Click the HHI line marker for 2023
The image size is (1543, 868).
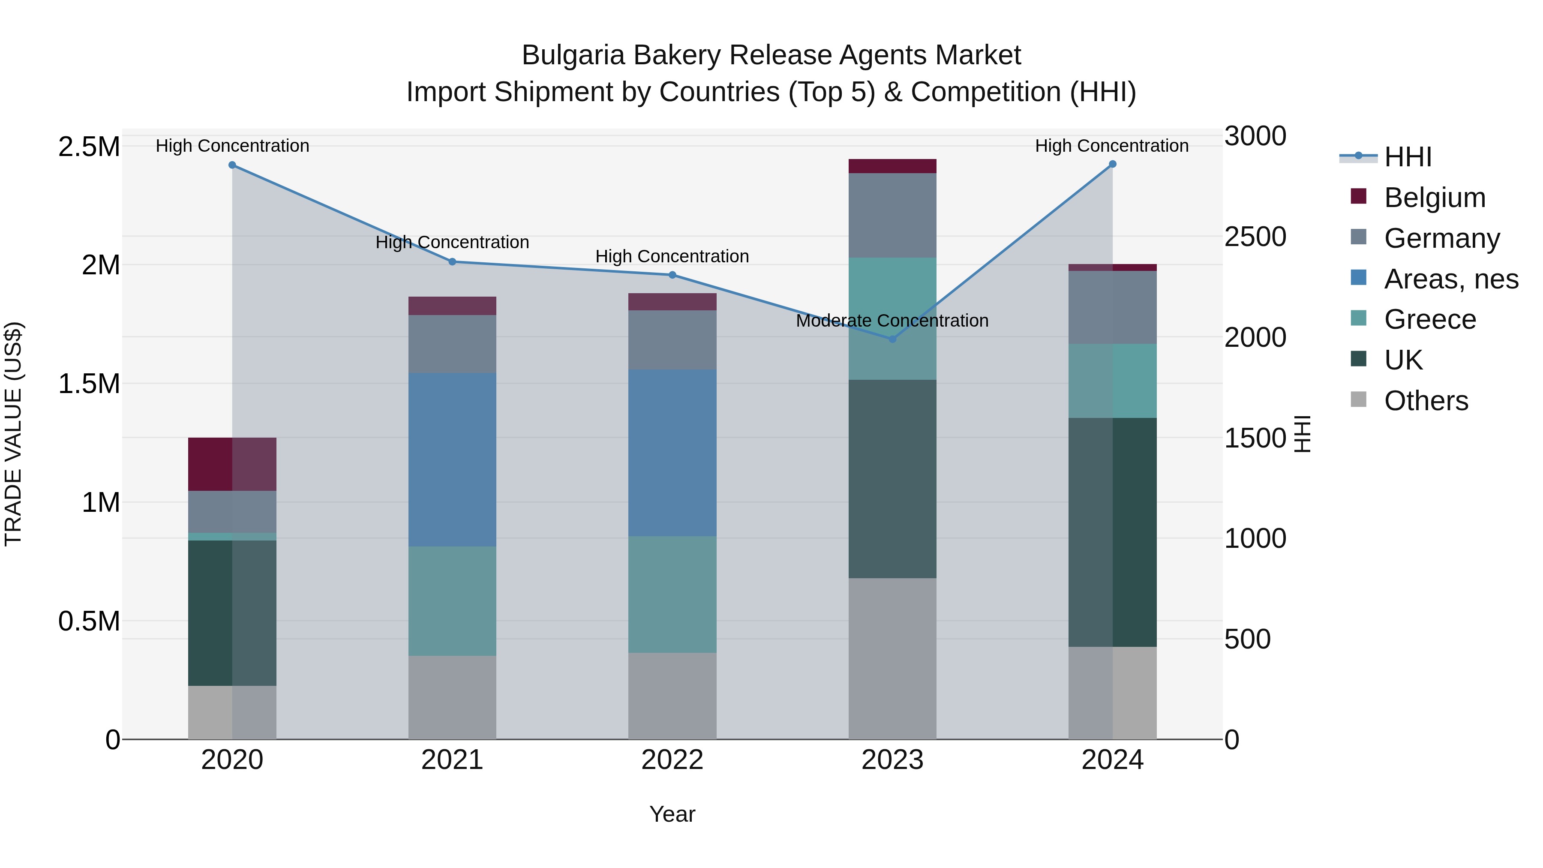(x=892, y=339)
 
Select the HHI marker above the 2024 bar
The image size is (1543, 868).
(x=1112, y=164)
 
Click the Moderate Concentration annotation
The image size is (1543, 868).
(x=892, y=321)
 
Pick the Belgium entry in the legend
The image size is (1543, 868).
(x=1435, y=198)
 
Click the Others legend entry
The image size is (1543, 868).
(x=1426, y=401)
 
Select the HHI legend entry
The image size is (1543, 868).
(x=1408, y=157)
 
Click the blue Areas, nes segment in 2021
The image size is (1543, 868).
(x=452, y=460)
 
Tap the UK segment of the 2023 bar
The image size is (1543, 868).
(x=892, y=479)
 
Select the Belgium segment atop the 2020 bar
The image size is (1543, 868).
(x=232, y=464)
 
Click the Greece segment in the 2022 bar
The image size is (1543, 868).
(x=672, y=594)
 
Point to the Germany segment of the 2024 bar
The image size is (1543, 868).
(x=1112, y=307)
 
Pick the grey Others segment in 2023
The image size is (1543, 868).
(x=892, y=658)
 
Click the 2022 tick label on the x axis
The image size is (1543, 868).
(x=672, y=760)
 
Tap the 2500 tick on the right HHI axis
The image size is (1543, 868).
(x=1255, y=237)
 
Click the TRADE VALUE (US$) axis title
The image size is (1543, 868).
(x=13, y=434)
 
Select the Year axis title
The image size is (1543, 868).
(x=672, y=814)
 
